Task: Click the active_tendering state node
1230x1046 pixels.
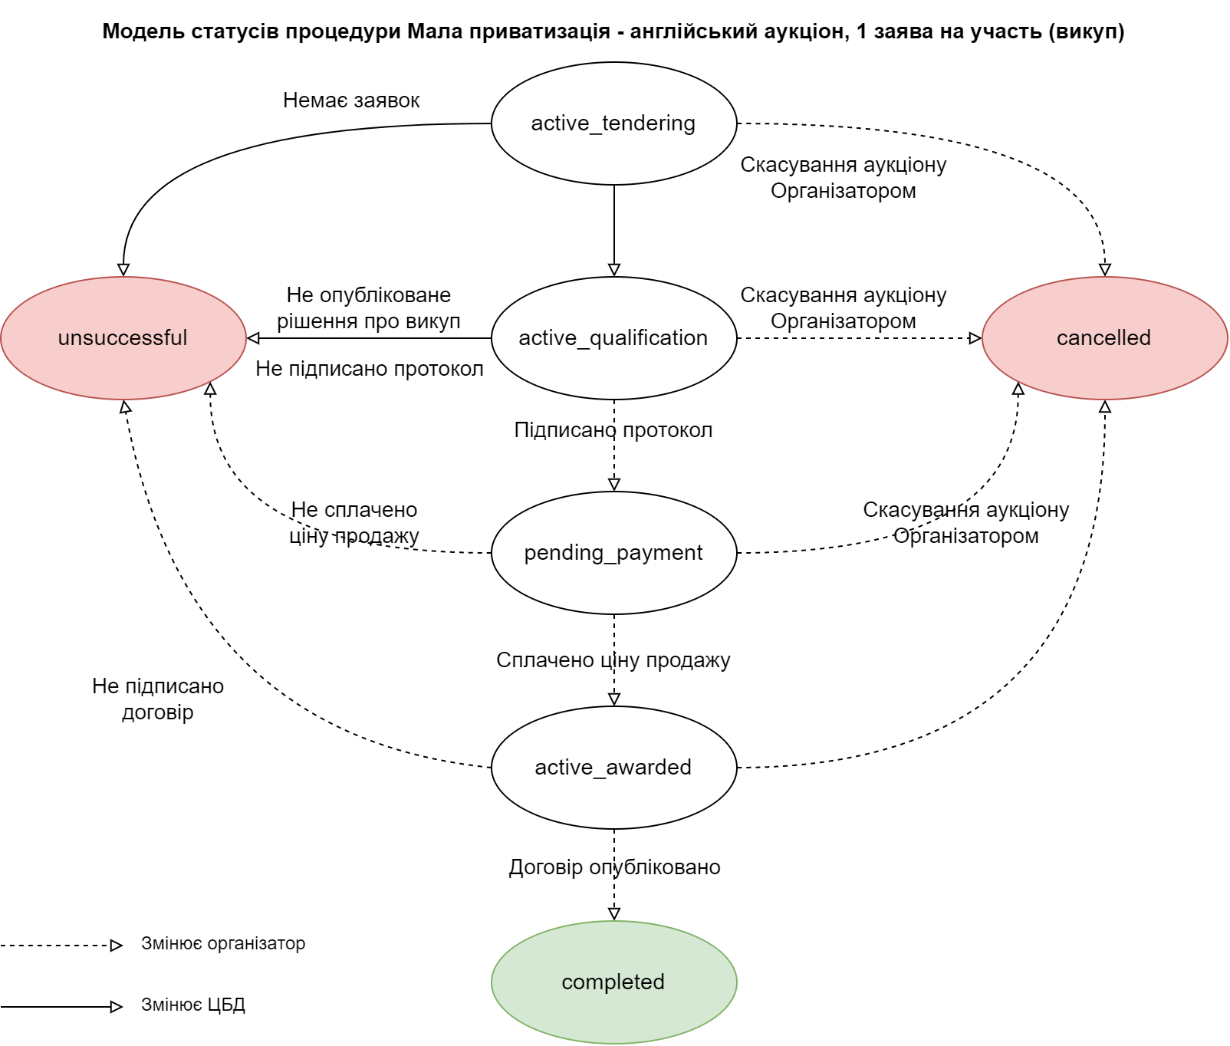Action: tap(613, 123)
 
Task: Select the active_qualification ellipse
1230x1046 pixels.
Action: tap(613, 338)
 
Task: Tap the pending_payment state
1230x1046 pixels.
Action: tap(613, 553)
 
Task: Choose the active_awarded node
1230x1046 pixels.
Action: tap(613, 768)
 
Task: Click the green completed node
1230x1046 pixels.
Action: tap(613, 982)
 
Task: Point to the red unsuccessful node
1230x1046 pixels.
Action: tap(123, 338)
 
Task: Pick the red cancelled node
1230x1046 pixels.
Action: tap(1104, 338)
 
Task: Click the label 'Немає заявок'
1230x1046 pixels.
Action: tap(351, 100)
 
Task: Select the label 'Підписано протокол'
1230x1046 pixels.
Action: tap(613, 430)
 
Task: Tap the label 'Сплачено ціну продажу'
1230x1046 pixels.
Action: tap(613, 660)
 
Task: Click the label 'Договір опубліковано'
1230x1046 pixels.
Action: tap(614, 867)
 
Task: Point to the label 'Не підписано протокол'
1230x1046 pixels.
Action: tap(370, 369)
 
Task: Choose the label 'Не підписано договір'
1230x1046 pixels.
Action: tap(158, 699)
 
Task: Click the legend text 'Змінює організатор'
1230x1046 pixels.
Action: tap(223, 944)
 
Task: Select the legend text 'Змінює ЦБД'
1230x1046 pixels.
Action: tap(193, 1005)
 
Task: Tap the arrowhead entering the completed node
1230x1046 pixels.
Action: tap(614, 914)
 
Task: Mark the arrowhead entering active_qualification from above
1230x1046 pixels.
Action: tap(614, 270)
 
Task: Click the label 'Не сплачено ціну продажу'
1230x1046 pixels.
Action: tap(354, 523)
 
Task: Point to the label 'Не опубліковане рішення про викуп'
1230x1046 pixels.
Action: tap(369, 308)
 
